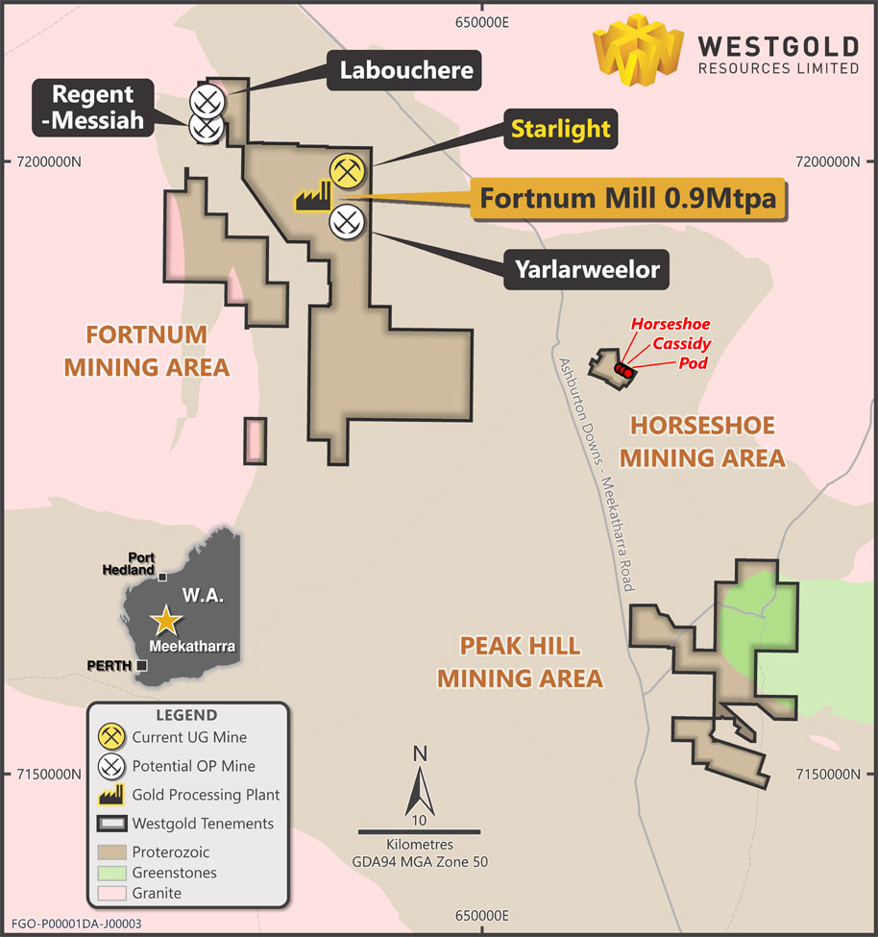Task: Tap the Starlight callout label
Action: pos(560,129)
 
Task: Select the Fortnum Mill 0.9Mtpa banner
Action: pos(627,199)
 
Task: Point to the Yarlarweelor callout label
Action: pos(584,269)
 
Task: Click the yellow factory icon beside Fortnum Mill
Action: pos(311,198)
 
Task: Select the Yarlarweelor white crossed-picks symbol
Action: pos(346,222)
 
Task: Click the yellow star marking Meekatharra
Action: pos(167,620)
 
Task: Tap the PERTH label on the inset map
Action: pos(110,665)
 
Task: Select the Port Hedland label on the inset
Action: pos(129,563)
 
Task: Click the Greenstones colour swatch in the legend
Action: pos(111,873)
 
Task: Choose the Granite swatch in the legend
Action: pos(111,893)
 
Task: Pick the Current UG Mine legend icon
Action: pos(113,737)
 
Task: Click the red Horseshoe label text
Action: pos(671,324)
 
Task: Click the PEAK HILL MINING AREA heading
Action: pos(521,661)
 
